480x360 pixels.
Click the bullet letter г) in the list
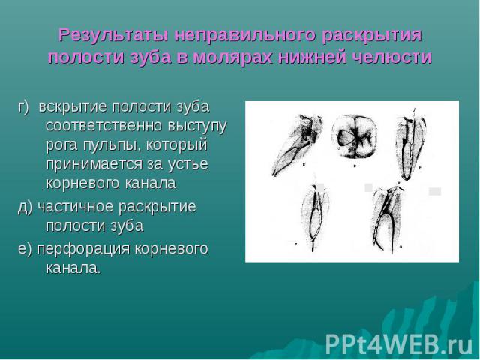pos(23,107)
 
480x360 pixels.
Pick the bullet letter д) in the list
pos(25,207)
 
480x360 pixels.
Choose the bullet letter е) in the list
pos(25,249)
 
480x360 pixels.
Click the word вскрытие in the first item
pos(73,107)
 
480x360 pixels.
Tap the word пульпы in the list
pos(112,145)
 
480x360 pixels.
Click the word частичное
pos(76,207)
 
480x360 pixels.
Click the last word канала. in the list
pos(73,268)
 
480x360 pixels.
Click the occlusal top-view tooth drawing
pos(354,136)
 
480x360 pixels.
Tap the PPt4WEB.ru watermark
pos(399,344)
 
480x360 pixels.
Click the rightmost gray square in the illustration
pos(435,192)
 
